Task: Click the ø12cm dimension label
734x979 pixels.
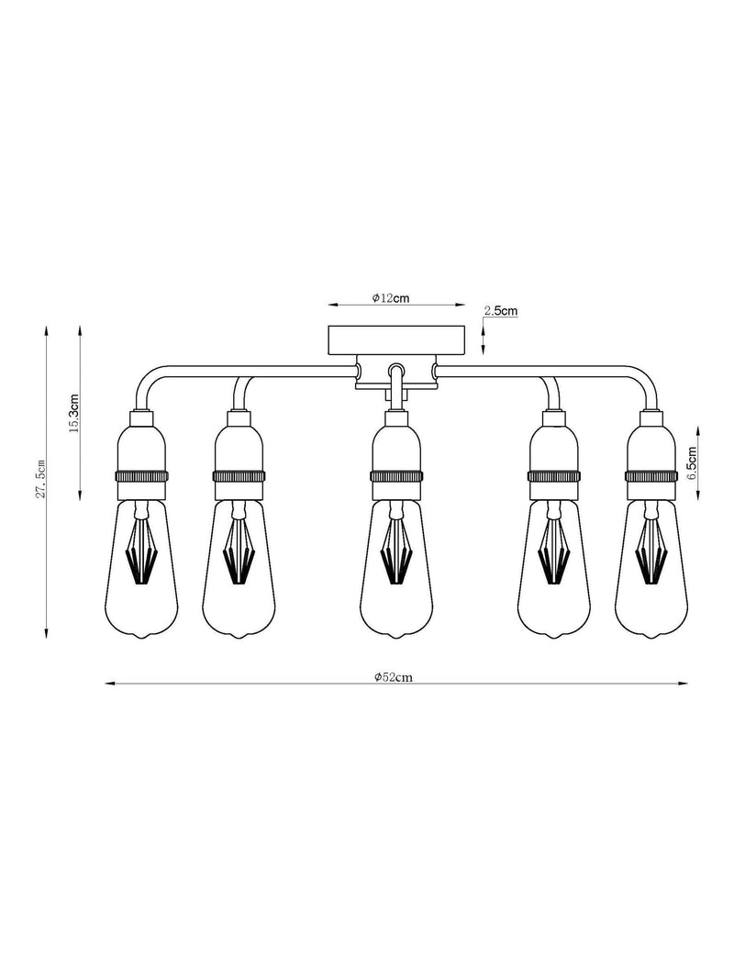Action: point(391,298)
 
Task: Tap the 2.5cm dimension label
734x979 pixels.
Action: point(501,310)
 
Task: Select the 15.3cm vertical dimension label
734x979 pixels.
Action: point(72,413)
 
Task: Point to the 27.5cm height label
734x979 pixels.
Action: point(40,478)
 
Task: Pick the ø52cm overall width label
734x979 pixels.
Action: point(394,677)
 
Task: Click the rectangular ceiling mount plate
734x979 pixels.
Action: point(397,339)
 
